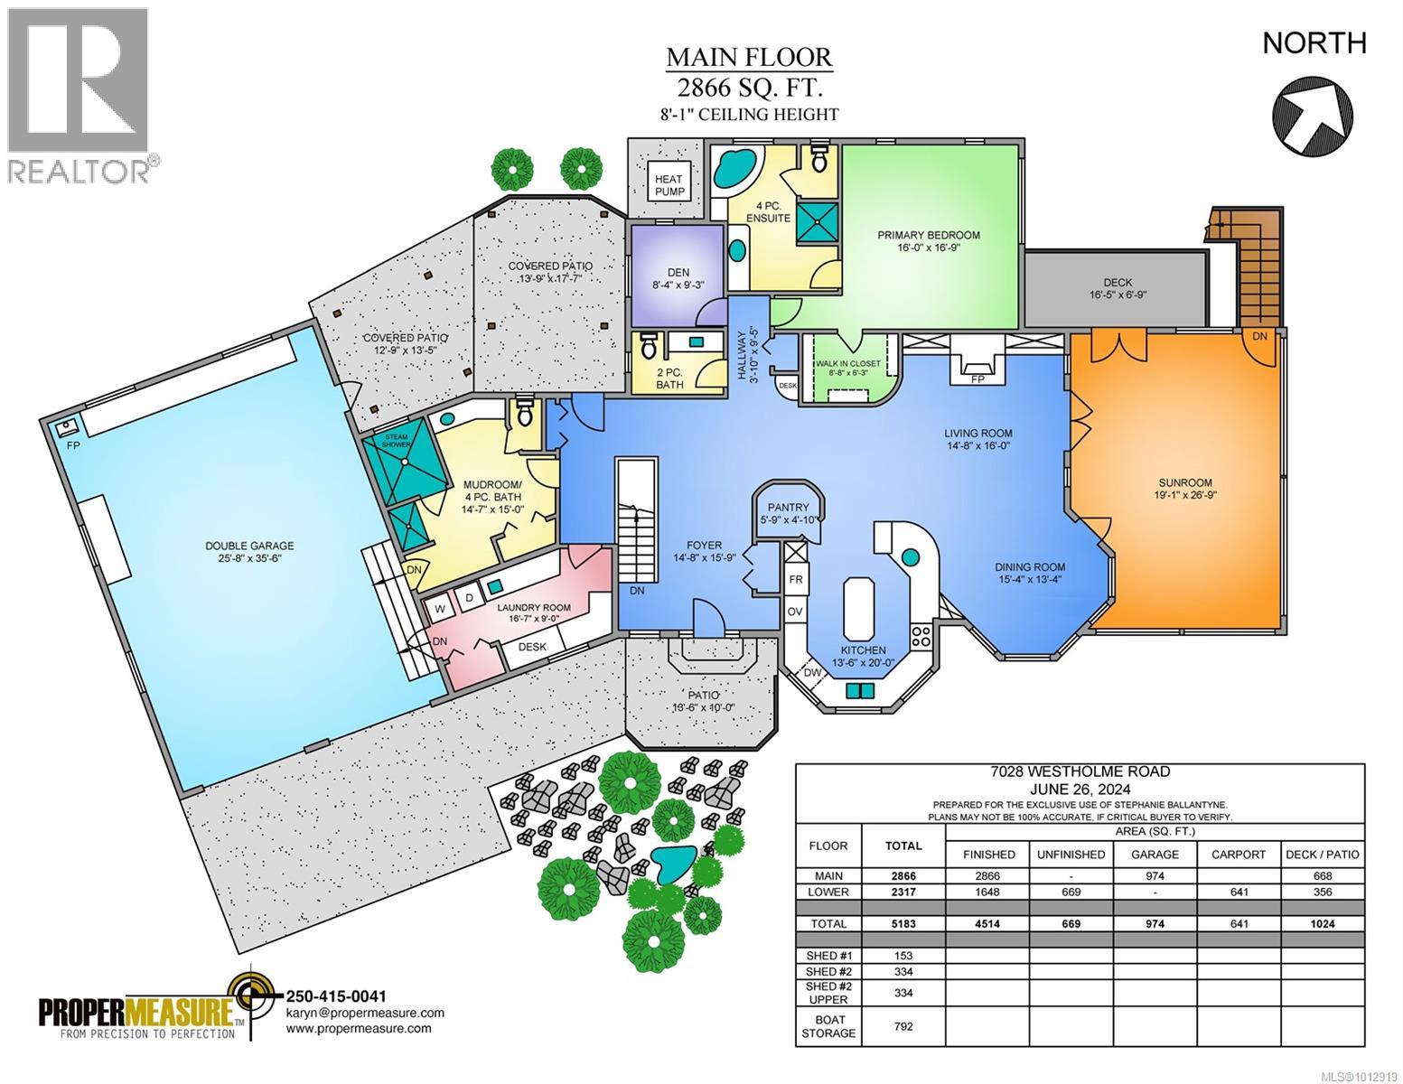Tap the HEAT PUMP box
669,186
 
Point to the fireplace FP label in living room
976,379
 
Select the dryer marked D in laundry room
469,598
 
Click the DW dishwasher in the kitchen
812,672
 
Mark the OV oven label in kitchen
795,612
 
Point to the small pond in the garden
669,864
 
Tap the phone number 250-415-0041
335,996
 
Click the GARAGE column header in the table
1155,854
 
